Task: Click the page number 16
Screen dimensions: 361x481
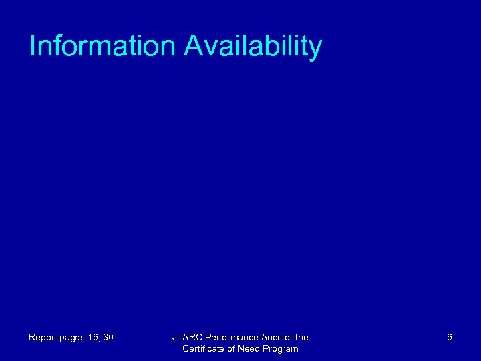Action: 96,338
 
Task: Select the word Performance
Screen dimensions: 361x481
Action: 231,338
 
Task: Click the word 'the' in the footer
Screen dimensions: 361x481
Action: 301,338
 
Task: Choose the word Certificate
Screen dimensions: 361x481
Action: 204,349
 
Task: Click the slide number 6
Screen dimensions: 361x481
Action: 450,338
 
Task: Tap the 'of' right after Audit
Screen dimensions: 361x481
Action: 289,338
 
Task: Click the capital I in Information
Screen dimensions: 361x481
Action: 33,46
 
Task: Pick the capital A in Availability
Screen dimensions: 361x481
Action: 194,46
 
